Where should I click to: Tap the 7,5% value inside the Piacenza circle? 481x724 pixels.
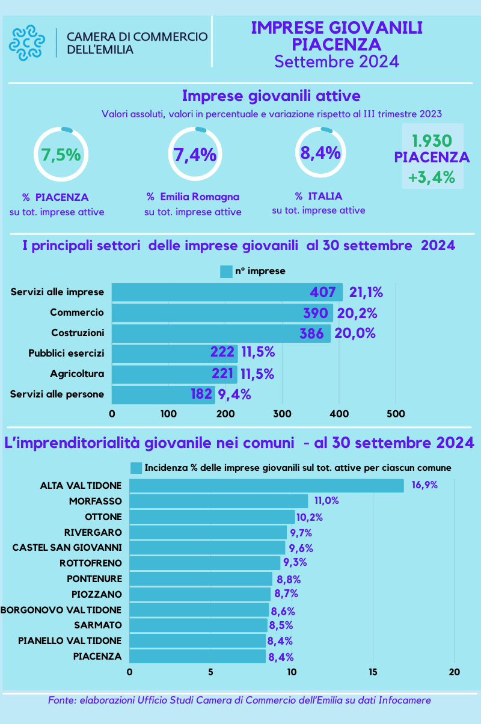[60, 155]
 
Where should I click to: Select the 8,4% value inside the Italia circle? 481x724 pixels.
[320, 153]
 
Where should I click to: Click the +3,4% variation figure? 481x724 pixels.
[432, 177]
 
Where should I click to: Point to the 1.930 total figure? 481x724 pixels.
[432, 141]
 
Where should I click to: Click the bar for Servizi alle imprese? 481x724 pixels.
[227, 292]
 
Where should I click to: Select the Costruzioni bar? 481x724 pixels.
[221, 333]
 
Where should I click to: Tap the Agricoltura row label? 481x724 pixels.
[77, 373]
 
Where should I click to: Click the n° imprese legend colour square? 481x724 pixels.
[226, 271]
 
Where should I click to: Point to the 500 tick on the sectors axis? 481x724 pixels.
[396, 414]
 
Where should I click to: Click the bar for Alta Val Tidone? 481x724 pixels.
[266, 485]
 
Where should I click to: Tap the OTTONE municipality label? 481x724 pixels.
[103, 517]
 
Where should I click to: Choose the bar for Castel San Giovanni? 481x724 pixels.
[207, 547]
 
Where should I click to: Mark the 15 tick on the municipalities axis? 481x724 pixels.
[373, 672]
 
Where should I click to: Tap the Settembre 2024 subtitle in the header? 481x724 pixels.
[337, 62]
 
